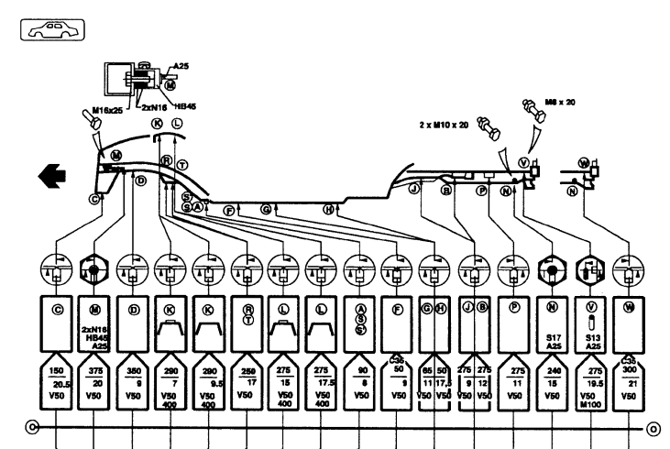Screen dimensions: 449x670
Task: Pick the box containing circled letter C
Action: click(x=57, y=322)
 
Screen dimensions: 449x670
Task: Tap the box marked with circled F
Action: click(x=398, y=322)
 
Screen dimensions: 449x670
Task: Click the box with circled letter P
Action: click(x=511, y=322)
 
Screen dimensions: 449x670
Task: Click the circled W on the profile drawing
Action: click(x=583, y=164)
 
